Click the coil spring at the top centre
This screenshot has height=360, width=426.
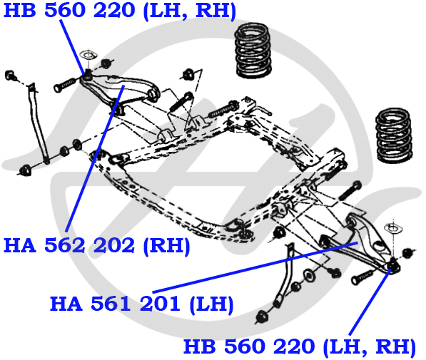click(253, 51)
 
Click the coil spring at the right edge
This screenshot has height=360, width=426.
click(394, 135)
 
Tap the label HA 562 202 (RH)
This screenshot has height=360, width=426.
click(97, 245)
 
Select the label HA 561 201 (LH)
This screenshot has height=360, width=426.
click(142, 303)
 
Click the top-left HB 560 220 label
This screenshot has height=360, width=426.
click(120, 10)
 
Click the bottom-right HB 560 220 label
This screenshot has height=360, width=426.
click(300, 346)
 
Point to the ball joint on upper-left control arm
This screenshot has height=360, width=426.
click(87, 75)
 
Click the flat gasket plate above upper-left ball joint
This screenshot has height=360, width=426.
click(88, 56)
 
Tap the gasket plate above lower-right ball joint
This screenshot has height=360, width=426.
click(393, 228)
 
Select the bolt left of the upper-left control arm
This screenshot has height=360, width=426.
click(66, 84)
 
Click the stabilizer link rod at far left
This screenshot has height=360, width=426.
click(38, 122)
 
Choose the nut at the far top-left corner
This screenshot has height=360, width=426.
click(10, 75)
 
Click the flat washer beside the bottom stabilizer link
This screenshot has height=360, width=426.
click(308, 275)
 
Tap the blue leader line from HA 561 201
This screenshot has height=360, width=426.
click(255, 267)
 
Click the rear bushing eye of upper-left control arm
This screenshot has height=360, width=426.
click(153, 93)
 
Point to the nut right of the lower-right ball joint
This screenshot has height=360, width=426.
click(407, 253)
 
